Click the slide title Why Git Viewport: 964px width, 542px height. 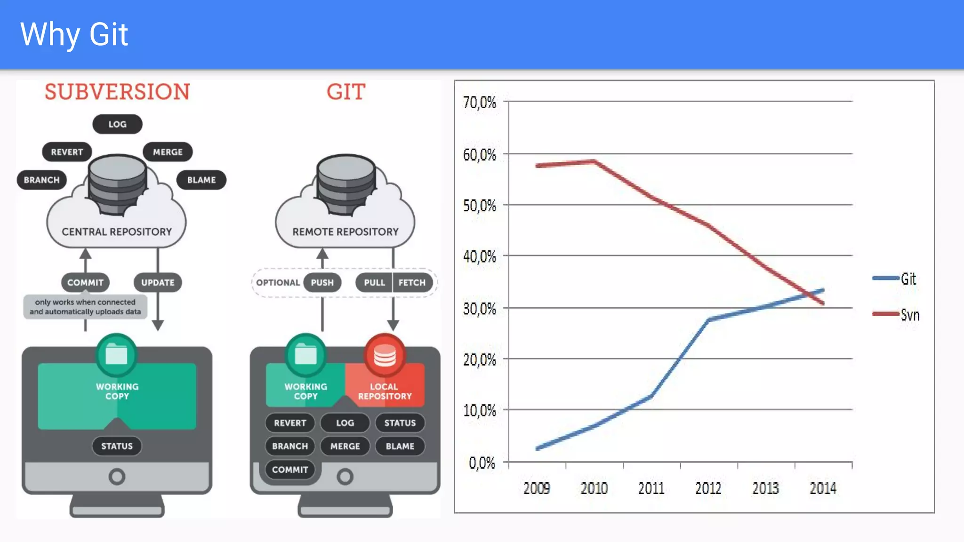74,34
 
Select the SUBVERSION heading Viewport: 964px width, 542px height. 117,92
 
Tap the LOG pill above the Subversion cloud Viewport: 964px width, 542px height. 117,124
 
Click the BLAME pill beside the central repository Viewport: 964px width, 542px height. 201,180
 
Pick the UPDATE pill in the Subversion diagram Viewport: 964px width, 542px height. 158,282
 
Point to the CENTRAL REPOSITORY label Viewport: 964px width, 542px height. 117,231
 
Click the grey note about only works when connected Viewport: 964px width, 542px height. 85,307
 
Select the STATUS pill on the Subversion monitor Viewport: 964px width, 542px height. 117,446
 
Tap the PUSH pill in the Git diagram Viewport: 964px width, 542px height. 322,282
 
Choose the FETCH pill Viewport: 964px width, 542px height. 412,282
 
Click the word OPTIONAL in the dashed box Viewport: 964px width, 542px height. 278,282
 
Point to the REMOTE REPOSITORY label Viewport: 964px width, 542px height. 345,231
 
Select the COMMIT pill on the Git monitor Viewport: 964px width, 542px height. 290,470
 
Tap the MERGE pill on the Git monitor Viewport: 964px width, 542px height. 345,446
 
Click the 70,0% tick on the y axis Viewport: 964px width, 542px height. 480,102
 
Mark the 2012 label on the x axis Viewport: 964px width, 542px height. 708,488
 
